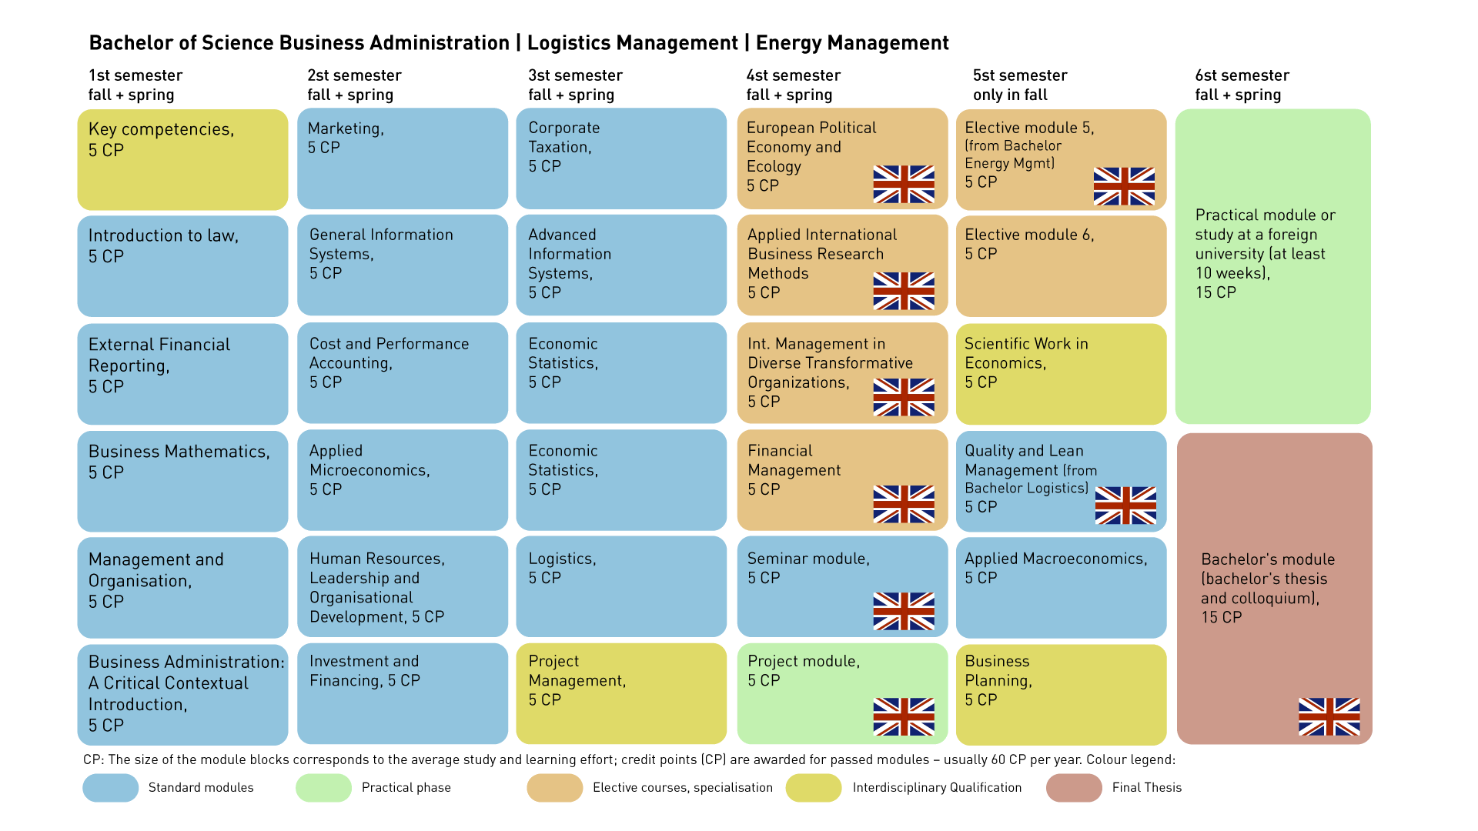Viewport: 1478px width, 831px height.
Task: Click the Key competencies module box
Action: tap(182, 159)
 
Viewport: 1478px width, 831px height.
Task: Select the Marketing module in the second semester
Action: tap(402, 159)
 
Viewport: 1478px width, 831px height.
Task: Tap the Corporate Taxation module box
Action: tap(620, 159)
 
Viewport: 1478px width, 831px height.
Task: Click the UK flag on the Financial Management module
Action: tap(904, 504)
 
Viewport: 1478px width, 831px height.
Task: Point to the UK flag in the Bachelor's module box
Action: tap(1329, 716)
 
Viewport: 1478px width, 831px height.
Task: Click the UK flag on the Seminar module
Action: tap(904, 611)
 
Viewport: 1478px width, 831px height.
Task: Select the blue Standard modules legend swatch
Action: tap(110, 788)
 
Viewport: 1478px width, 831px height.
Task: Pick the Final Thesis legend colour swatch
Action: tap(1074, 788)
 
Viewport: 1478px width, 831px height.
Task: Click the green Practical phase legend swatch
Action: tap(323, 788)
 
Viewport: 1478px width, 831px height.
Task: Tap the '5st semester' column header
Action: tap(1019, 75)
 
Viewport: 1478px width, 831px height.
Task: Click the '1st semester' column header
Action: tap(135, 75)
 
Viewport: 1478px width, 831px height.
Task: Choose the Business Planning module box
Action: tap(1061, 694)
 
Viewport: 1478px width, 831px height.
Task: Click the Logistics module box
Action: tap(620, 586)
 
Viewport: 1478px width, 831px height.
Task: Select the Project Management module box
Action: tap(620, 694)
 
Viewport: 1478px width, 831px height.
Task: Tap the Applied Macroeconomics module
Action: tap(1061, 586)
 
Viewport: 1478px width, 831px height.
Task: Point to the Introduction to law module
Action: tap(182, 265)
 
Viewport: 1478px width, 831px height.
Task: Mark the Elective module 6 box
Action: tap(1061, 265)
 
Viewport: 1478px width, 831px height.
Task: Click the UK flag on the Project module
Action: tap(904, 716)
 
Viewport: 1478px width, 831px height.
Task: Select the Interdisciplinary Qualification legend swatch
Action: tap(814, 788)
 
